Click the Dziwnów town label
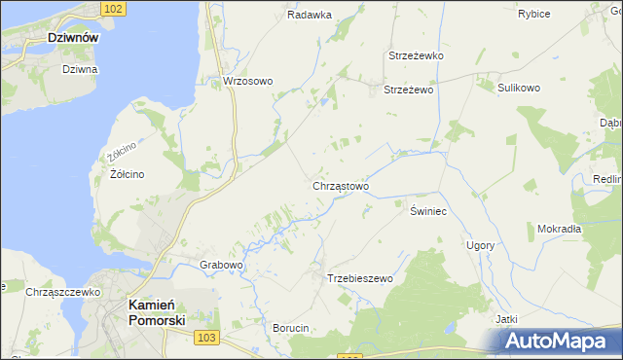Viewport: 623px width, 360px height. tap(76, 38)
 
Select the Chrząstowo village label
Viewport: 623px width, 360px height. tap(340, 185)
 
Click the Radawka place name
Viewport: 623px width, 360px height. tap(310, 15)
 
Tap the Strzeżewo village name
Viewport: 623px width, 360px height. tap(408, 90)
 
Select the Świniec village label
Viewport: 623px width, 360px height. tap(427, 211)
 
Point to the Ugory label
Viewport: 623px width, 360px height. tap(480, 245)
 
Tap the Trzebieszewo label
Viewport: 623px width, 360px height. tap(359, 278)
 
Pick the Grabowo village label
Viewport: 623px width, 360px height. tap(221, 265)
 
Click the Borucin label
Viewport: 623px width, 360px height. tap(290, 328)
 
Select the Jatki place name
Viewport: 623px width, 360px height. tap(504, 319)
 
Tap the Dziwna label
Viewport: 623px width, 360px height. tap(80, 69)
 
